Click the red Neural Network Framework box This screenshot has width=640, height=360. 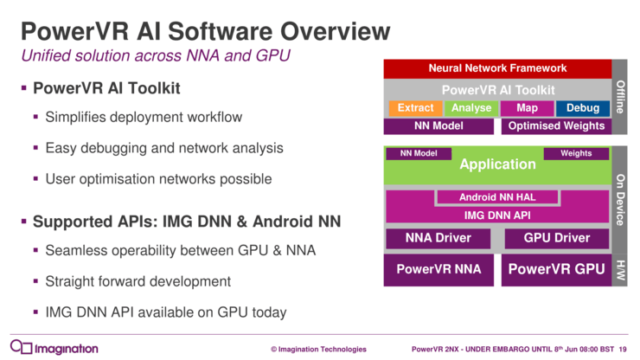(x=497, y=67)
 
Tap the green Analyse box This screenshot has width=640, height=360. (x=471, y=108)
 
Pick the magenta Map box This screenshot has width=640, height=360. (x=527, y=108)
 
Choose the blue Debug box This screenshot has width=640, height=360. (x=582, y=108)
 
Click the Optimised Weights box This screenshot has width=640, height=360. (x=556, y=126)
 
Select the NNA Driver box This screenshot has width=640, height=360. (x=437, y=238)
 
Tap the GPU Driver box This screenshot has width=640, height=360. (x=557, y=238)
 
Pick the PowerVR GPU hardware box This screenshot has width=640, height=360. (x=557, y=269)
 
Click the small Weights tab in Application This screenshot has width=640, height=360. (x=576, y=154)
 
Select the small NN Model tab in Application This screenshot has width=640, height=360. (x=419, y=154)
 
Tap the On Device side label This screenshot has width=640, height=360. (x=620, y=198)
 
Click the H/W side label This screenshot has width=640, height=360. (x=620, y=269)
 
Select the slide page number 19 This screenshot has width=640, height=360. (x=623, y=349)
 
